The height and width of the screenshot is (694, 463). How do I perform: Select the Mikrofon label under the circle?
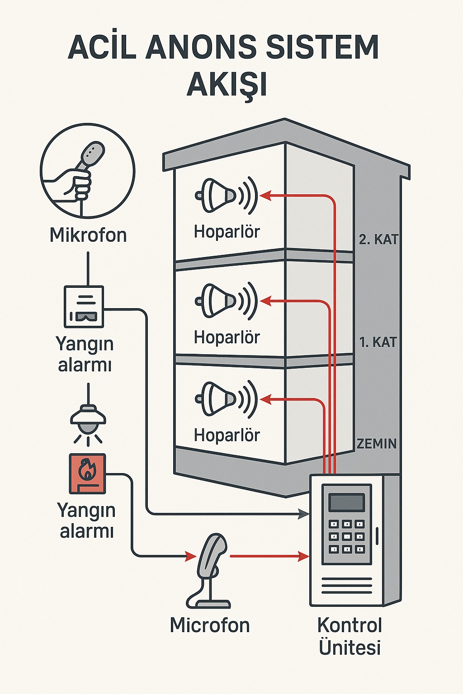point(88,235)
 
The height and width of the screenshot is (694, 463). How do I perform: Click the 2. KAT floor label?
point(378,239)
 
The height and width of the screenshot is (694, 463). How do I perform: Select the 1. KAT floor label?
point(378,342)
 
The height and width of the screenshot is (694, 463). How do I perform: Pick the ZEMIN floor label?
point(377,444)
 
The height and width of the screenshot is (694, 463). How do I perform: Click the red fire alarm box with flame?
point(87,474)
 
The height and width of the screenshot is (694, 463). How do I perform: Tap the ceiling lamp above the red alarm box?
point(88,419)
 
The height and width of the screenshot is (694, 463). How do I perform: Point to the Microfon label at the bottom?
point(210,625)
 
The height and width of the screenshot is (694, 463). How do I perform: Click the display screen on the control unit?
point(346,502)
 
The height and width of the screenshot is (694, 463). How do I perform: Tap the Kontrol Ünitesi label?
point(350,636)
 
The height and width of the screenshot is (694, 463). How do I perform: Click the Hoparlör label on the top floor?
point(227,232)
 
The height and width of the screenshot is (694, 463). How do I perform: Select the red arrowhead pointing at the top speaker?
point(265,196)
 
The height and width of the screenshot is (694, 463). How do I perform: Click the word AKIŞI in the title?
point(227,84)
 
